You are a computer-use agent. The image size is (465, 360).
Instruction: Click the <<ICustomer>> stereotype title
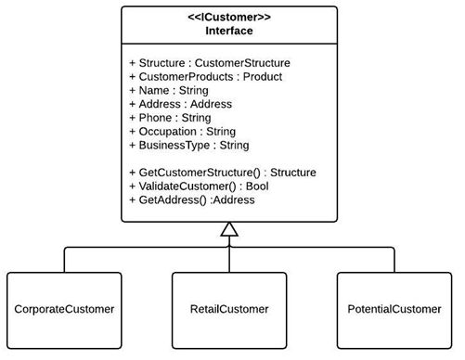point(229,17)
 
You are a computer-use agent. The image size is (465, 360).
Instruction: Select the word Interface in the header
point(229,30)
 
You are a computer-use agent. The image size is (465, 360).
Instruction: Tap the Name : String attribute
point(168,91)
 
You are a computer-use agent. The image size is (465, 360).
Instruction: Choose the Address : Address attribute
point(180,105)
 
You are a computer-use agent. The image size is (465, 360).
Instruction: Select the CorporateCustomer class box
point(64,308)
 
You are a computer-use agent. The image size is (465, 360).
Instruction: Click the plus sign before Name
point(132,91)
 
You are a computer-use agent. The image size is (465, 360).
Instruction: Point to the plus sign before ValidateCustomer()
point(132,186)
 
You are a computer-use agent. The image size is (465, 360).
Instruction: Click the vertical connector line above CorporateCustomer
point(64,259)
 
